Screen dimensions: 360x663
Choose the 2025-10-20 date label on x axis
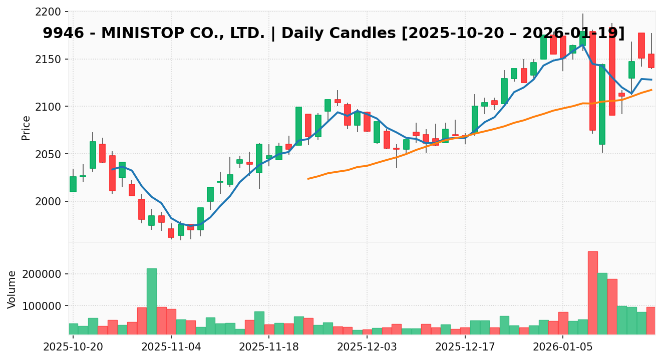pyautogui.click(x=73, y=346)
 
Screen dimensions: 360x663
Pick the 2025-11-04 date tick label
pyautogui.click(x=171, y=346)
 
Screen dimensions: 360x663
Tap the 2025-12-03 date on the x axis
pyautogui.click(x=367, y=346)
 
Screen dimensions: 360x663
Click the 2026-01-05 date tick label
pyautogui.click(x=563, y=346)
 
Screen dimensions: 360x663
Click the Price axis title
pyautogui.click(x=26, y=128)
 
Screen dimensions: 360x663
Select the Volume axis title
pyautogui.click(x=12, y=289)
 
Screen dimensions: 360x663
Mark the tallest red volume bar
pyautogui.click(x=592, y=293)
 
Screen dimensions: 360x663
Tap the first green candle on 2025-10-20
pyautogui.click(x=73, y=184)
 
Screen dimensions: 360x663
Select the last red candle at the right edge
pyautogui.click(x=651, y=61)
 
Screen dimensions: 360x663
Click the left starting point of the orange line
pyautogui.click(x=308, y=179)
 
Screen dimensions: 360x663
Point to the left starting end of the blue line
pyautogui.click(x=112, y=169)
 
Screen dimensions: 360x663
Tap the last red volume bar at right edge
pyautogui.click(x=651, y=320)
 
